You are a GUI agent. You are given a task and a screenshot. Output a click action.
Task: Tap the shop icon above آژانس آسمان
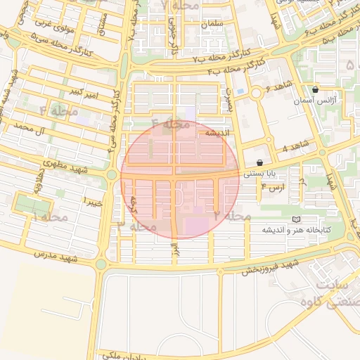pos(314,89)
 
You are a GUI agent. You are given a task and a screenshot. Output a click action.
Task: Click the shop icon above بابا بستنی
pos(259,162)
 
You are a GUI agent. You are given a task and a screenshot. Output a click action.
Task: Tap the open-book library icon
pos(295,220)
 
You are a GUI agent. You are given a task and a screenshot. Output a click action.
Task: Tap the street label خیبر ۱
pos(93,201)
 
